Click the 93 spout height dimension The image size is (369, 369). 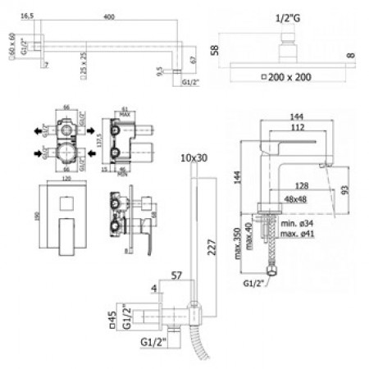point(347,189)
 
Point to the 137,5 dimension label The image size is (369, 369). point(98,142)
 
